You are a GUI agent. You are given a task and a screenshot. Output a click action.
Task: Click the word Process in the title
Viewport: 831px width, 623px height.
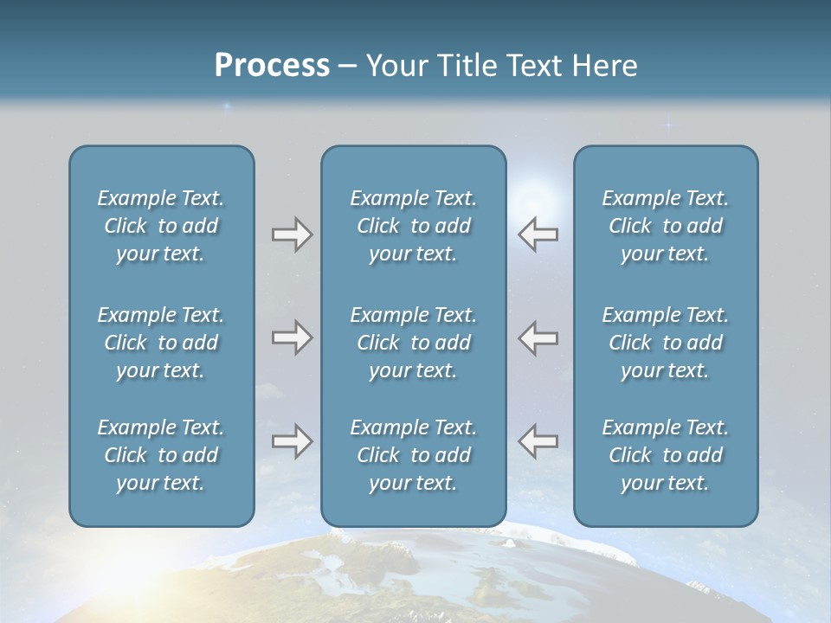point(272,66)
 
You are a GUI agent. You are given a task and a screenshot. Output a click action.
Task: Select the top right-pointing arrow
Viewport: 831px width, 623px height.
point(292,234)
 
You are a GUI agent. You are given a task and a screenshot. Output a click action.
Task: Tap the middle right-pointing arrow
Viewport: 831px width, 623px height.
point(292,337)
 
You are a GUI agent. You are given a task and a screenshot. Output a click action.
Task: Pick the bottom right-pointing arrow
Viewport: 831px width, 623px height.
point(292,441)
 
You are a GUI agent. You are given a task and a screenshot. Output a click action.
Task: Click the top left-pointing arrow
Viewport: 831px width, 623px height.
point(538,234)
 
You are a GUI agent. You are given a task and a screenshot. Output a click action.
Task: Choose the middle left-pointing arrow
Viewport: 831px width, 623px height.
point(538,337)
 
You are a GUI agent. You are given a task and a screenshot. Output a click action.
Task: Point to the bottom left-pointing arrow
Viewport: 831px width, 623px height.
point(538,441)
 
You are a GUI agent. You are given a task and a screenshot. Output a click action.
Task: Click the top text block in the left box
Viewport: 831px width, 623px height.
point(161,226)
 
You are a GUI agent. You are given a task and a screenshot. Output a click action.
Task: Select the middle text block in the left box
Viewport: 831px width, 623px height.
point(161,343)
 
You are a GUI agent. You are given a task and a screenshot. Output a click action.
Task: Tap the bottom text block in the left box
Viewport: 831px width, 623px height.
point(161,455)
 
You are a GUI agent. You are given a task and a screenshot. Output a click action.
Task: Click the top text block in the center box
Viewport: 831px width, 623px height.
point(414,226)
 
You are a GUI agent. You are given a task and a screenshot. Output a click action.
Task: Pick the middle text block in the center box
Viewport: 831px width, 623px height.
point(414,343)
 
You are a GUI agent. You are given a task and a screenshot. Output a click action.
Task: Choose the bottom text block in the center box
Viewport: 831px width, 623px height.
point(414,455)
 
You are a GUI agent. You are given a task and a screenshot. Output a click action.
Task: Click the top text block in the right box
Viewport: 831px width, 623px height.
point(666,226)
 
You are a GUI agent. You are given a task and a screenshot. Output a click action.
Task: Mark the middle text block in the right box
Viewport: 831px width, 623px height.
point(666,343)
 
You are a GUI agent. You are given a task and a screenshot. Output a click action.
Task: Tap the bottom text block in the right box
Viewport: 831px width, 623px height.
point(666,455)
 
